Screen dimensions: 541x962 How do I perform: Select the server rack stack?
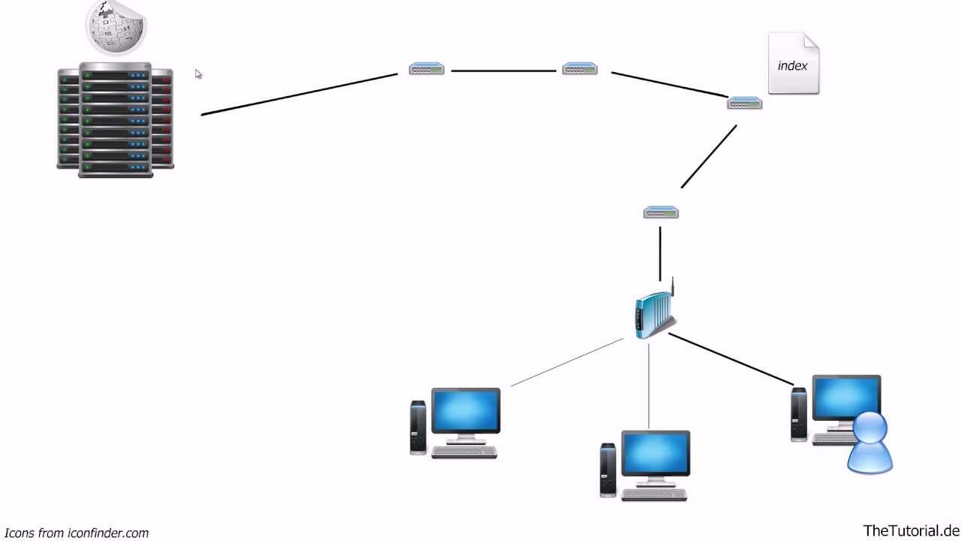pyautogui.click(x=116, y=120)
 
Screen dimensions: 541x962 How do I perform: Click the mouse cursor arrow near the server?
pyautogui.click(x=198, y=74)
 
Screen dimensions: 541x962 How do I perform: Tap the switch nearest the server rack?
pyautogui.click(x=426, y=69)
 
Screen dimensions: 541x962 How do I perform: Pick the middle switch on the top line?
pyautogui.click(x=579, y=69)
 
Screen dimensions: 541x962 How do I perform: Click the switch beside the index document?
pyautogui.click(x=744, y=103)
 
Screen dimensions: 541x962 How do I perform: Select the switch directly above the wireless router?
pyautogui.click(x=661, y=213)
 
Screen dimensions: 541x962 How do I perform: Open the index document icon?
pyautogui.click(x=793, y=63)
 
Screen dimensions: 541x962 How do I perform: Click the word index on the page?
pyautogui.click(x=792, y=66)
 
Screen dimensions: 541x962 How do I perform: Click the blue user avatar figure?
pyautogui.click(x=870, y=443)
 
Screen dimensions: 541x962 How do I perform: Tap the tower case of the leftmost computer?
pyautogui.click(x=418, y=427)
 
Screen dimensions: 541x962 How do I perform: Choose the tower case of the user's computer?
pyautogui.click(x=799, y=413)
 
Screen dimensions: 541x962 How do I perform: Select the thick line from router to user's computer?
pyautogui.click(x=731, y=359)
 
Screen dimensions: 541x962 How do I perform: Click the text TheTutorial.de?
pyautogui.click(x=911, y=530)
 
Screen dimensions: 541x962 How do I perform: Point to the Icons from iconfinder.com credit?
pyautogui.click(x=76, y=533)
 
